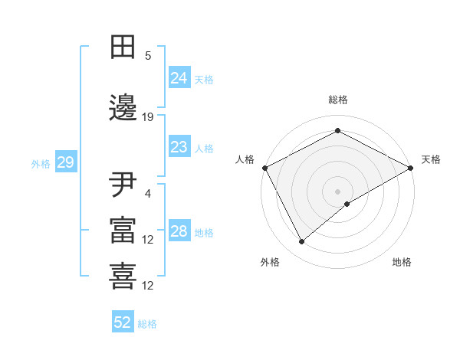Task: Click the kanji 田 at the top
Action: [123, 47]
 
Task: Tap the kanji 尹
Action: [123, 185]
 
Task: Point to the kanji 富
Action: [123, 230]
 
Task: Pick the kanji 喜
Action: [123, 274]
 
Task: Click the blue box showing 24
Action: [179, 78]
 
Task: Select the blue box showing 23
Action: [179, 147]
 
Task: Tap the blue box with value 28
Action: [179, 231]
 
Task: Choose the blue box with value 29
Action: [65, 162]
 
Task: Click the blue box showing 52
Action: [123, 322]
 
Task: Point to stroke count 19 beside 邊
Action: [148, 117]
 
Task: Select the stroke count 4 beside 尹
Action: [148, 194]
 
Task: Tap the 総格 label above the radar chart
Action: [337, 100]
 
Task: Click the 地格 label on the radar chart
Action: [402, 262]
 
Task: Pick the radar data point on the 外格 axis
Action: [302, 242]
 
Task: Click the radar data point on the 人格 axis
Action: [264, 168]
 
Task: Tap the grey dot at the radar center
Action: [337, 191]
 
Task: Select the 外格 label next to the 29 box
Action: [41, 163]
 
